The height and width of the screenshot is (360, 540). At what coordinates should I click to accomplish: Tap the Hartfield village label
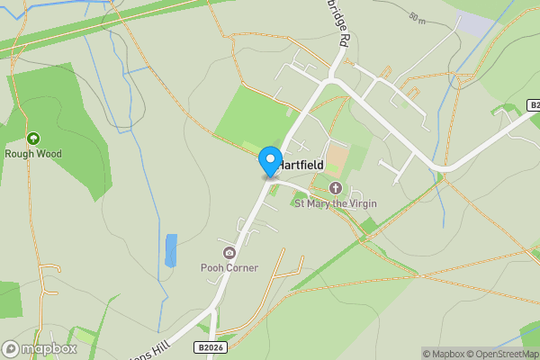pyautogui.click(x=303, y=166)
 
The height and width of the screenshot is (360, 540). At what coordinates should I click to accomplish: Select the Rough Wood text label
pyautogui.click(x=33, y=154)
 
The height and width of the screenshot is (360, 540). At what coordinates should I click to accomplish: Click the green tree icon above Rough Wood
pyautogui.click(x=33, y=139)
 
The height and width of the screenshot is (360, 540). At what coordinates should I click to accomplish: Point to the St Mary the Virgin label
pyautogui.click(x=336, y=203)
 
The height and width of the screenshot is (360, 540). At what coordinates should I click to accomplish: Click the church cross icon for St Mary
pyautogui.click(x=336, y=188)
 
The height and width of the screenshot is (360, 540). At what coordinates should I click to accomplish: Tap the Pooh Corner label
pyautogui.click(x=229, y=267)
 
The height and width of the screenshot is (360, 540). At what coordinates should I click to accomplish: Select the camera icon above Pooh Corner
pyautogui.click(x=229, y=253)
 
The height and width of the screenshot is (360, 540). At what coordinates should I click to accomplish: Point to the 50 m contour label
pyautogui.click(x=416, y=18)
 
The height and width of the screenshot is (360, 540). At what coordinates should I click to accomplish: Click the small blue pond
pyautogui.click(x=171, y=250)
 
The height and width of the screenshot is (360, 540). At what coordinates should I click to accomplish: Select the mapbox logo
pyautogui.click(x=40, y=348)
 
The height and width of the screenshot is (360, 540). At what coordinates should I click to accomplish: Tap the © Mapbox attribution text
pyautogui.click(x=444, y=354)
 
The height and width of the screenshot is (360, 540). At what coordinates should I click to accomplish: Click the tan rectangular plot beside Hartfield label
pyautogui.click(x=336, y=160)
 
